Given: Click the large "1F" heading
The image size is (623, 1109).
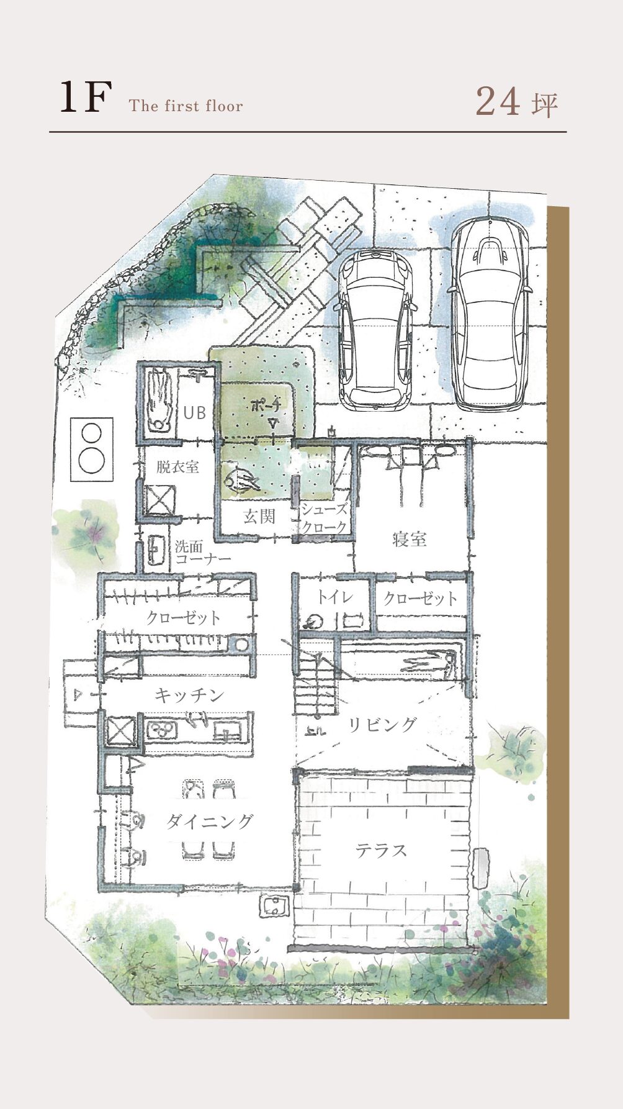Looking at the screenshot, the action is (x=86, y=97).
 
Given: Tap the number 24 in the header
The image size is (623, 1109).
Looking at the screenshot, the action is (x=498, y=102).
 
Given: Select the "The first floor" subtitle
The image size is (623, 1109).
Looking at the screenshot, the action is (x=186, y=106).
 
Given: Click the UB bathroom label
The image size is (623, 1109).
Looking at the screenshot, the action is (x=194, y=412).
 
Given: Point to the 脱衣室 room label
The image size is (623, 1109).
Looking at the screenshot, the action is (x=177, y=467).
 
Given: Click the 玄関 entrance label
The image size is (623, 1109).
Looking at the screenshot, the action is (x=259, y=516).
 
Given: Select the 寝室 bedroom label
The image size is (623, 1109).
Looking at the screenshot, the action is (x=410, y=539).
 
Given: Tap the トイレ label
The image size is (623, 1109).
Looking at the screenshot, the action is (x=335, y=597).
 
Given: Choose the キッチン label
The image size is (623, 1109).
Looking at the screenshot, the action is (x=189, y=695).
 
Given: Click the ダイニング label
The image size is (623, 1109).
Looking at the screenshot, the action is (x=210, y=822).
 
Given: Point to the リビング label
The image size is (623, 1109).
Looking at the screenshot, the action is (x=382, y=724).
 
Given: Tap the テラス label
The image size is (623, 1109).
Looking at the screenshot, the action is (x=382, y=850).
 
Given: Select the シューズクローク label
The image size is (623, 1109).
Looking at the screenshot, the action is (x=324, y=518).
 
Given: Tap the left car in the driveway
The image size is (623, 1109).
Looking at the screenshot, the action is (x=375, y=330).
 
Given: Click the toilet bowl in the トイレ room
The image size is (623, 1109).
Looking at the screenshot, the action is (x=313, y=621).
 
